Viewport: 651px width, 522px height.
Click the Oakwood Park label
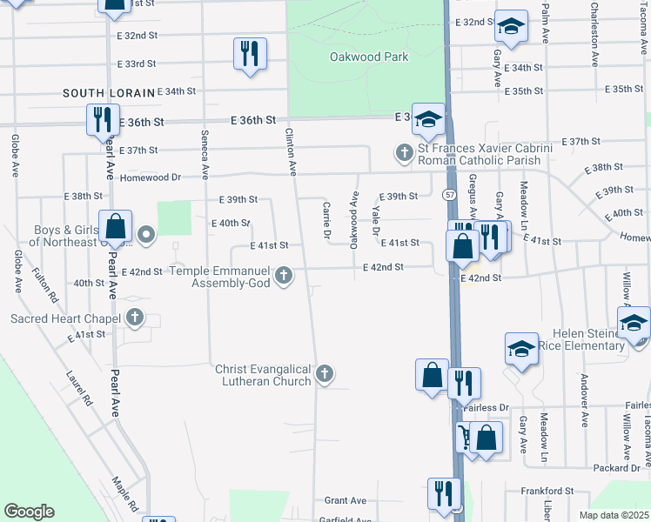coord(369,57)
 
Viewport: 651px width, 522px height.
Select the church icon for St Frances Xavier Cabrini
coord(404,154)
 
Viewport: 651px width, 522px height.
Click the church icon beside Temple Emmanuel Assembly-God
coord(282,277)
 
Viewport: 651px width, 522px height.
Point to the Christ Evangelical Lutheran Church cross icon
coord(324,375)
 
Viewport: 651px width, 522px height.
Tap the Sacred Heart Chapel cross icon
coord(134,318)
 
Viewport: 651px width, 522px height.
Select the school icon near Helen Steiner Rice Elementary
coord(521,350)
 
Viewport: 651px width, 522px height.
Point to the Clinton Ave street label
coord(293,151)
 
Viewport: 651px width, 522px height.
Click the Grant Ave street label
coord(346,500)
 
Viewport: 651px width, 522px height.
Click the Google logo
coord(30,512)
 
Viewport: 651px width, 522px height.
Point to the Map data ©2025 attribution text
coord(613,515)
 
